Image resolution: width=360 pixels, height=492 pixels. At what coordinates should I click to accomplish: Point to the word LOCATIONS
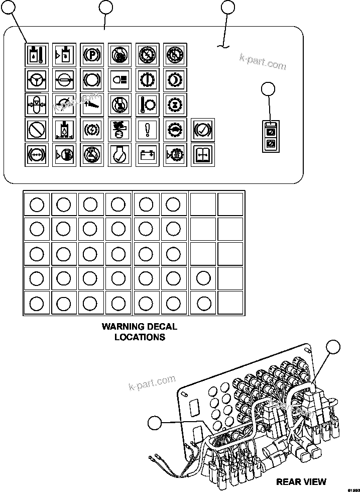pos(140,337)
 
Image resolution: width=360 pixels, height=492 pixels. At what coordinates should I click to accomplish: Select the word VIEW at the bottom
pos(314,482)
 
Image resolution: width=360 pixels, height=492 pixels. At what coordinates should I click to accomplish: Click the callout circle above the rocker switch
pos(269,89)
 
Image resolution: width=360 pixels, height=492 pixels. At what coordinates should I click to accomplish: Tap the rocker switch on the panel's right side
pos(270,137)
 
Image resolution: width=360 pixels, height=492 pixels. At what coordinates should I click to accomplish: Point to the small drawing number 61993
pos(353,488)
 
